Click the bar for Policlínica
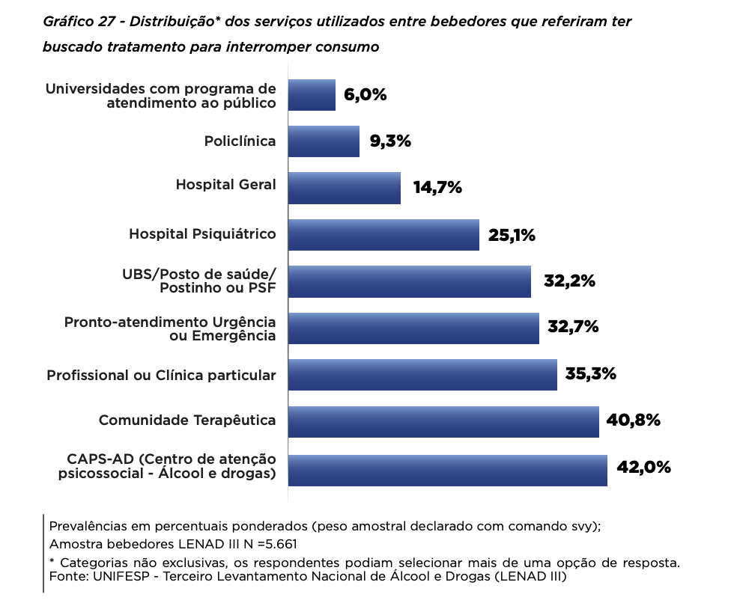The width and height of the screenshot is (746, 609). pyautogui.click(x=324, y=141)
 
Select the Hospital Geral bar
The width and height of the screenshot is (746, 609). pyautogui.click(x=345, y=188)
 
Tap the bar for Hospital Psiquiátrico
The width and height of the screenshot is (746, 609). pyautogui.click(x=383, y=235)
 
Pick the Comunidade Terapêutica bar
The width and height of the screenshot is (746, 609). pyautogui.click(x=443, y=422)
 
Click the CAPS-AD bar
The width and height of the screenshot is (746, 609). pyautogui.click(x=447, y=470)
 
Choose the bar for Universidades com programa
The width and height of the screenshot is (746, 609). pyautogui.click(x=312, y=95)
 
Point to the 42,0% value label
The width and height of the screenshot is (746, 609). pyautogui.click(x=643, y=468)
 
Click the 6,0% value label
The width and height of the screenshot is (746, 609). pyautogui.click(x=365, y=95)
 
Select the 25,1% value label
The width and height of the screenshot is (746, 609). pyautogui.click(x=512, y=236)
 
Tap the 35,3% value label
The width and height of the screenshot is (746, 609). pyautogui.click(x=590, y=374)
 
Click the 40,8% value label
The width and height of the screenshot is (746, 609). pyautogui.click(x=633, y=420)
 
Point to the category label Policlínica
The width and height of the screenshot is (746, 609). pyautogui.click(x=240, y=141)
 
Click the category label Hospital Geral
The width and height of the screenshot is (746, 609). pyautogui.click(x=225, y=185)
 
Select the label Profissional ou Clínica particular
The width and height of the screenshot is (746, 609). pyautogui.click(x=161, y=375)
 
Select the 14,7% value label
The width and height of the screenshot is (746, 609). pyautogui.click(x=437, y=188)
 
